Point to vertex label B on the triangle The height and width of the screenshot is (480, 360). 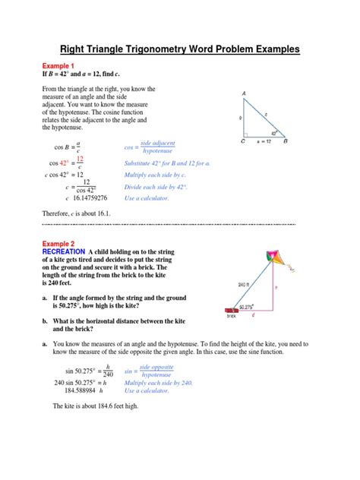(x=306, y=141)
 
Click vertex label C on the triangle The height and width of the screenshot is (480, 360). (x=243, y=141)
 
